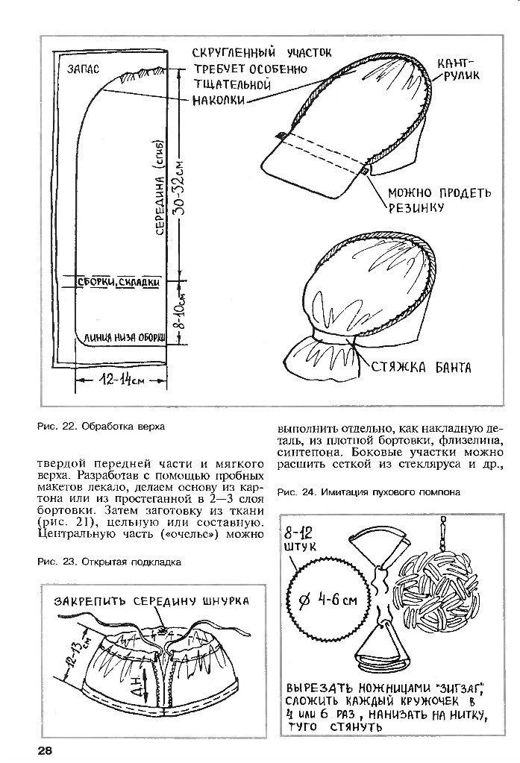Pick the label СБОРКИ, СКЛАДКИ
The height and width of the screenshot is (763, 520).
[x=120, y=282]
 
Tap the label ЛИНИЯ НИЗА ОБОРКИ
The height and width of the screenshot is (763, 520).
[x=123, y=336]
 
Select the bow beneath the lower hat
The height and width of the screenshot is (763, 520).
[x=322, y=358]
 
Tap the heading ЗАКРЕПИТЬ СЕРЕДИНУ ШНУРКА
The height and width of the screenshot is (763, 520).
[x=150, y=600]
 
